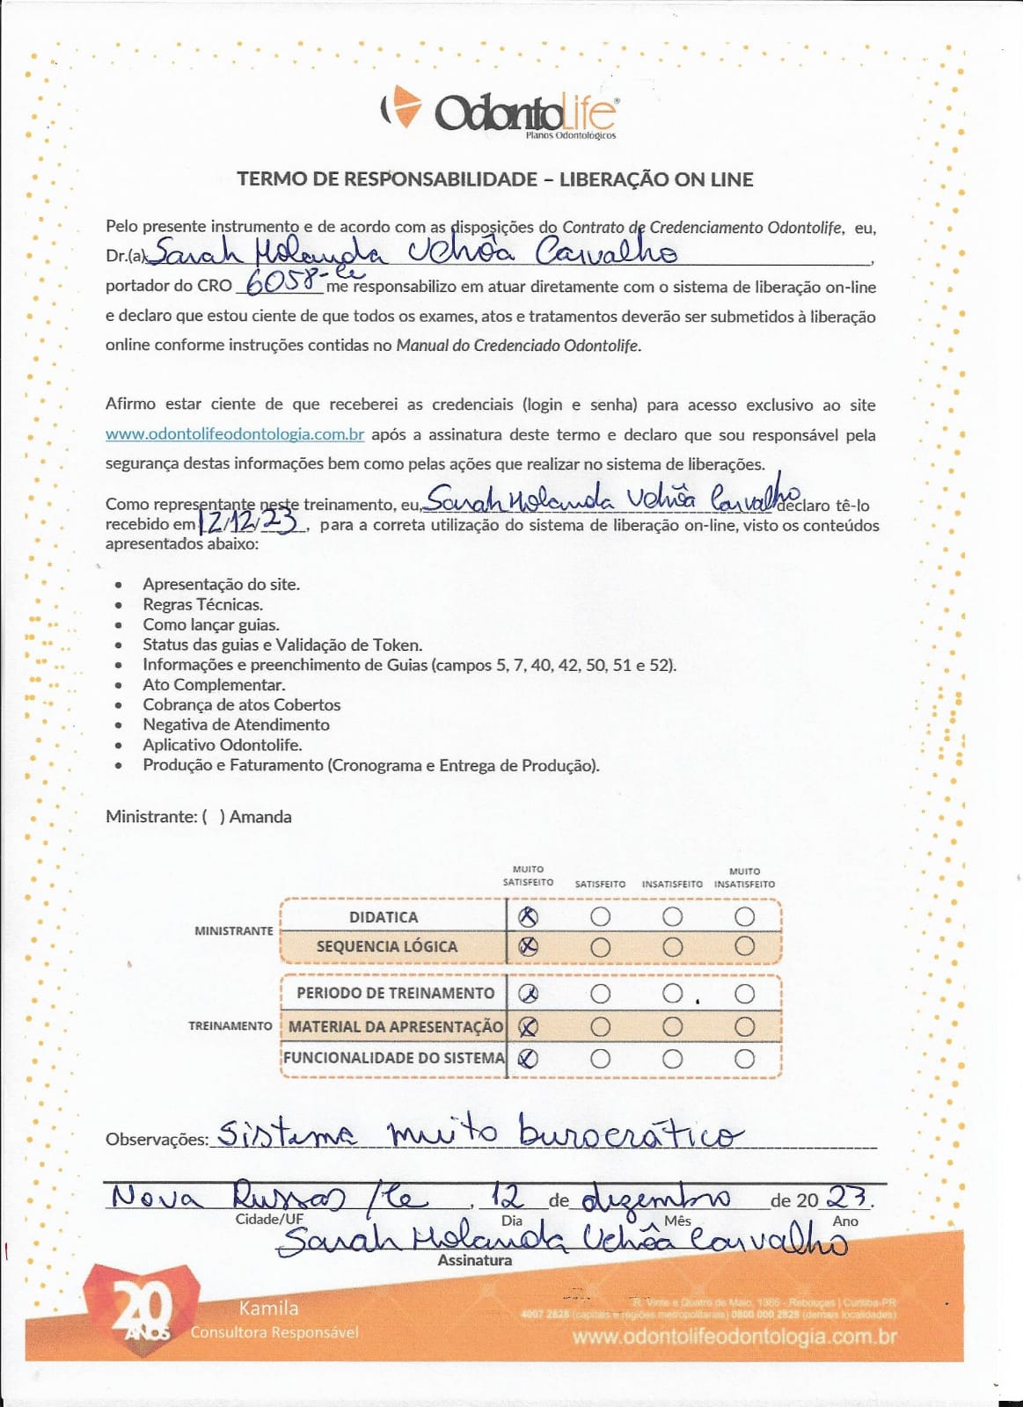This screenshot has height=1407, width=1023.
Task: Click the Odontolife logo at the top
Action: [x=500, y=113]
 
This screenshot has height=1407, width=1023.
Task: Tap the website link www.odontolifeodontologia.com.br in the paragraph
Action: [x=235, y=434]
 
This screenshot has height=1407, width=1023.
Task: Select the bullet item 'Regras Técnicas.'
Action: [x=202, y=604]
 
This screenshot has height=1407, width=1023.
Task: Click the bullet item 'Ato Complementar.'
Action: [x=214, y=684]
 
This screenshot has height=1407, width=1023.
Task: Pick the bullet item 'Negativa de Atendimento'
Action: [x=236, y=725]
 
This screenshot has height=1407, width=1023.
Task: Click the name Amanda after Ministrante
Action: [x=260, y=816]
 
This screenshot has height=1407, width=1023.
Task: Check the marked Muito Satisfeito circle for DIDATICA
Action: [x=528, y=917]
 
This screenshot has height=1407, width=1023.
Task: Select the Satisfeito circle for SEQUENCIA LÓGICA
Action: [x=601, y=947]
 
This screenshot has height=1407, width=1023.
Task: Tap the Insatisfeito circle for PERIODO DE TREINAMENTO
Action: [x=673, y=994]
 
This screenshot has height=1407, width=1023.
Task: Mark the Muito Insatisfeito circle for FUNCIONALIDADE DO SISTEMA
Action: [x=745, y=1059]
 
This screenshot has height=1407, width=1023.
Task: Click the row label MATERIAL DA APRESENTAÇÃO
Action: [x=395, y=1026]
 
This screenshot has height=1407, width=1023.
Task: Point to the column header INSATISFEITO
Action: [x=672, y=884]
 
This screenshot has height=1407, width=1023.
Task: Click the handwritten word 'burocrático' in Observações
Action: [x=629, y=1133]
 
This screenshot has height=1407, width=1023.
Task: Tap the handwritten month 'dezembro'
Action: [x=655, y=1198]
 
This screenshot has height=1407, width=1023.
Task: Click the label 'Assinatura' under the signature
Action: [x=475, y=1260]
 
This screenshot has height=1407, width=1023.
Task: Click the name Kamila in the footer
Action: [x=268, y=1308]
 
